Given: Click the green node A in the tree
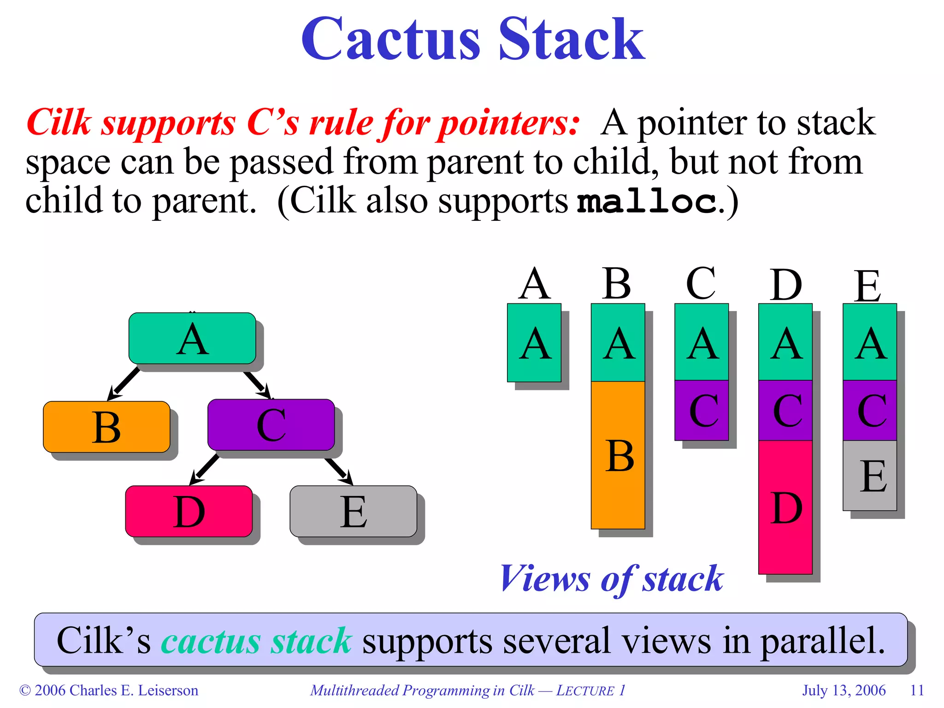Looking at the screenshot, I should (x=192, y=338).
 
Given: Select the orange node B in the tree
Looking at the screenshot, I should (x=106, y=427).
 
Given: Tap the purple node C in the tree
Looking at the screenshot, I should (x=271, y=425).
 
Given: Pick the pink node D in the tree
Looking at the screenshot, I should (x=189, y=511).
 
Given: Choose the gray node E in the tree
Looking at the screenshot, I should (x=353, y=511).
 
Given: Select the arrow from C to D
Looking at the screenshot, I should (x=205, y=469).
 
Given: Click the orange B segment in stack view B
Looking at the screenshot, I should (x=618, y=455).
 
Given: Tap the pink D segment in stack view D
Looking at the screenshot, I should (x=785, y=507).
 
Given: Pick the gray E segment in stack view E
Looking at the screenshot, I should (x=870, y=476).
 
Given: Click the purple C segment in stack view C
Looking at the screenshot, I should (x=702, y=410).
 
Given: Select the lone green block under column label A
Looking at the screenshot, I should (x=534, y=342).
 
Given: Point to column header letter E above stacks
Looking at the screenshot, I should (x=867, y=286).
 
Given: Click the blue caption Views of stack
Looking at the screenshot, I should (x=612, y=578).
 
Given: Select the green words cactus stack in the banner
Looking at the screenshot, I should (x=256, y=641).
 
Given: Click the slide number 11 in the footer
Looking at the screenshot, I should (x=917, y=690).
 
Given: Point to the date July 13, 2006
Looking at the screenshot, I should (x=844, y=690).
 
